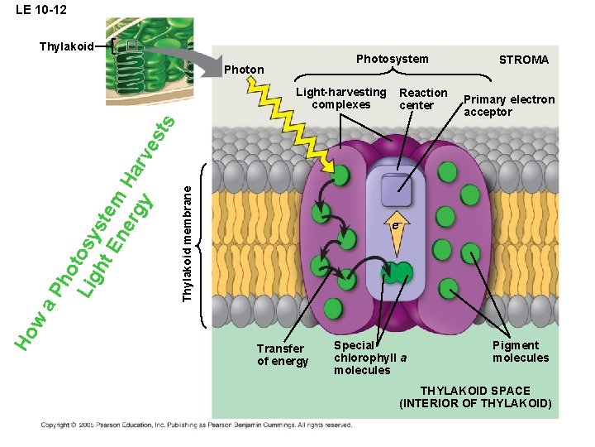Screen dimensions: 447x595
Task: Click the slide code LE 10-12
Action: [41, 11]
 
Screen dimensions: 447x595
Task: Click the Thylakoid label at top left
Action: [66, 46]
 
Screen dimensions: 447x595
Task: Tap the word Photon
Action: [244, 70]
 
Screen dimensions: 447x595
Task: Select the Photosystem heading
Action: [392, 59]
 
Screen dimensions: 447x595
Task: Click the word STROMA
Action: [524, 60]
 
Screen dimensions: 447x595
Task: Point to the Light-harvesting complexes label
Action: [340, 99]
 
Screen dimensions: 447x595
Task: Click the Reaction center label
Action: [422, 99]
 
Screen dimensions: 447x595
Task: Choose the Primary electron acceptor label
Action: [508, 106]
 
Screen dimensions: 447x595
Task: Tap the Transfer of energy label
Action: [281, 354]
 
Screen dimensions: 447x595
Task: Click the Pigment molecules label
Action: [520, 352]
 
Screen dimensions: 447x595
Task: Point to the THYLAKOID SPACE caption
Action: [475, 397]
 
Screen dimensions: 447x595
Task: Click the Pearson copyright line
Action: [197, 425]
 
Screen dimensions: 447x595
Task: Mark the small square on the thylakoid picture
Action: [131, 47]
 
